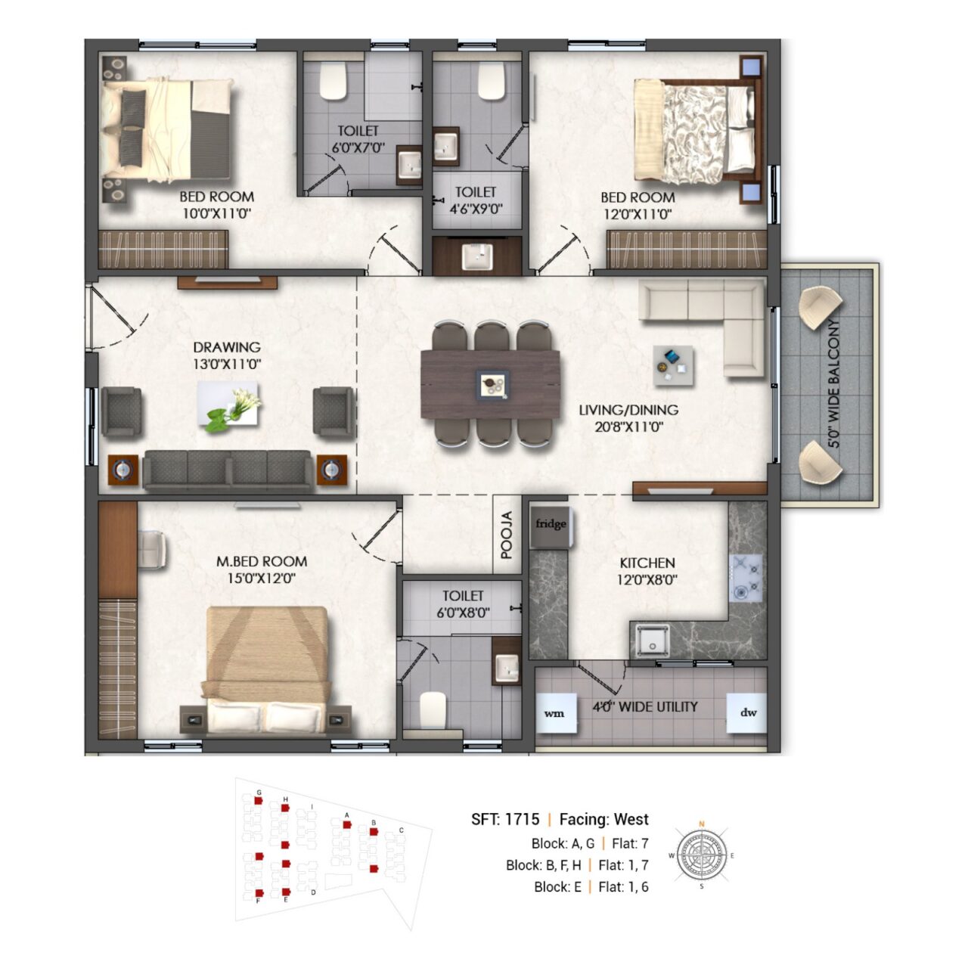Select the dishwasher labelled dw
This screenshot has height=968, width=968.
[747, 713]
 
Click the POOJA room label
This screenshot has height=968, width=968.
[507, 535]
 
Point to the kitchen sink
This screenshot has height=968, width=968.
[652, 641]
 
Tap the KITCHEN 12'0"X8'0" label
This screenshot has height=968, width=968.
[647, 572]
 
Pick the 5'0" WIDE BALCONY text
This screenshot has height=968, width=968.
[834, 383]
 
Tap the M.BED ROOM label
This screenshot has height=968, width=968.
[262, 562]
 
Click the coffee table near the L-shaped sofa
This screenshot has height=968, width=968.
[674, 366]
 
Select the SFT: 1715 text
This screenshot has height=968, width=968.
[505, 819]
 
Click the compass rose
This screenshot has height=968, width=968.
[702, 855]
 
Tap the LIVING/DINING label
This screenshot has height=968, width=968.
[628, 410]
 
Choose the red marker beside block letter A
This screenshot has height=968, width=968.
[346, 825]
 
